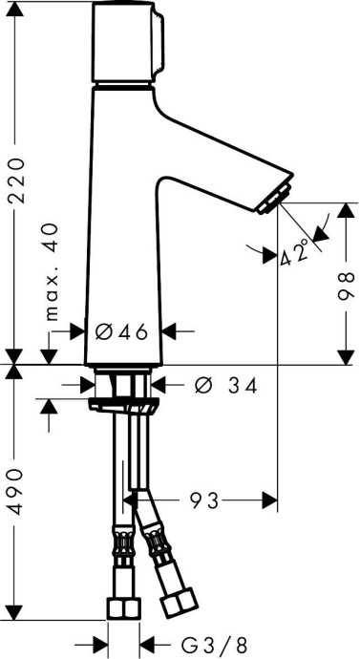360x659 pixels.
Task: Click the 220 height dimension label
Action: [17, 181]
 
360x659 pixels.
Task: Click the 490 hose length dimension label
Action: [17, 492]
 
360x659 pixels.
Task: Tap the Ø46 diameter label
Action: [122, 332]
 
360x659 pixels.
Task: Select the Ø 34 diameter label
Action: [226, 385]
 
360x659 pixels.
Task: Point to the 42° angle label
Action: [295, 253]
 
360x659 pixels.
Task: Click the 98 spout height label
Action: [346, 287]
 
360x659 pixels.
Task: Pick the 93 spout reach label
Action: [204, 500]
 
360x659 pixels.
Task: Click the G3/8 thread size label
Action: [214, 644]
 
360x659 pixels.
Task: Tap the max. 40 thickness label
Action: [52, 272]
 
